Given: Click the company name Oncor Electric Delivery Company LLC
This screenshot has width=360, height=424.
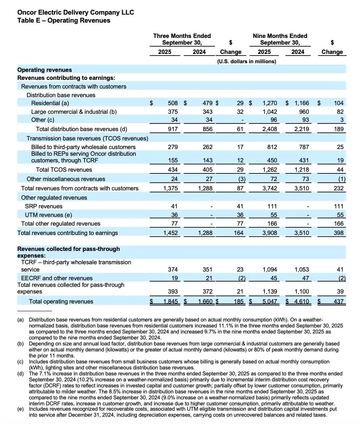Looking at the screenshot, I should [76, 12].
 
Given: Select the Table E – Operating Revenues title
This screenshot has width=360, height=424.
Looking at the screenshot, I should [64, 21].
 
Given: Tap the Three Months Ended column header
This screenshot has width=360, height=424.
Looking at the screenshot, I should [182, 36].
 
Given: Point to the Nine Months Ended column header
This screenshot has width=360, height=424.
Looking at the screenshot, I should [280, 36].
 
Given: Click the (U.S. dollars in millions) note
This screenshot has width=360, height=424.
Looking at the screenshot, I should [247, 62].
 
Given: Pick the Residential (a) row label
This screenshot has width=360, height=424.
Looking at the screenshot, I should [50, 103].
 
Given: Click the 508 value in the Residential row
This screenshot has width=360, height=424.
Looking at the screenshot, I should [173, 103].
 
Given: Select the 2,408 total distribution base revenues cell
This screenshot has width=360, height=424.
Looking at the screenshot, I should [270, 129].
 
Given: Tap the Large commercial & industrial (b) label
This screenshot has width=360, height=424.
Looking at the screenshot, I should [74, 112].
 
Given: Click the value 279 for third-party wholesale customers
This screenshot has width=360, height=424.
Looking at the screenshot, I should [173, 147].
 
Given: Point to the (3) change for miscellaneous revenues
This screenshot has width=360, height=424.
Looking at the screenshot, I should [242, 179].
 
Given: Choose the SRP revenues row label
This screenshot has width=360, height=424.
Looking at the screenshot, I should [44, 206].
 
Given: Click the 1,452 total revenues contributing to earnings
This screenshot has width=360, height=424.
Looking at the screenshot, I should [170, 233].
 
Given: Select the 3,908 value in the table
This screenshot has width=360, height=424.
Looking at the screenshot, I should [270, 233].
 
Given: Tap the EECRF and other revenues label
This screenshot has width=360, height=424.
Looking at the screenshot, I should [57, 278].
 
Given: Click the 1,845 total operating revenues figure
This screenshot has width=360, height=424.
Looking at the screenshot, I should [170, 302].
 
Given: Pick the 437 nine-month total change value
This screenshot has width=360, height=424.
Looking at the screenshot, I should [338, 302].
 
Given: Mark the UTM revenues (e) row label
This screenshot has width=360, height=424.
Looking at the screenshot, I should [49, 215].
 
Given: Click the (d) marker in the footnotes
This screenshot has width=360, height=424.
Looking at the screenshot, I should [21, 374].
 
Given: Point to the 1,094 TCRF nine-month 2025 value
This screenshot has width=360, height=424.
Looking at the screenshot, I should [270, 270].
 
